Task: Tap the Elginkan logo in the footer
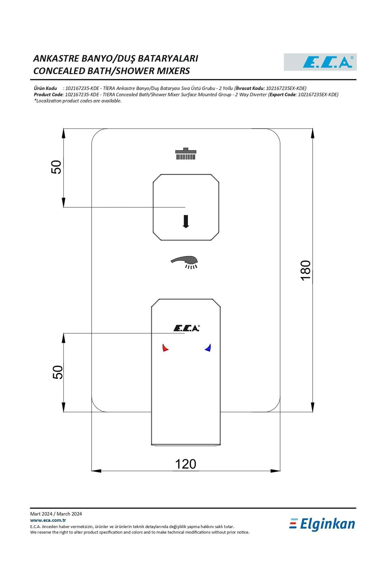point(322,524)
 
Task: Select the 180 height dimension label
point(306,270)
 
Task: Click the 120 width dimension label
point(186,464)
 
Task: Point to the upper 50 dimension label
point(56,167)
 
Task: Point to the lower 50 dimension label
point(58,372)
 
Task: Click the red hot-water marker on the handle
point(165,348)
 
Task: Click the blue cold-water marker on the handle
point(208,348)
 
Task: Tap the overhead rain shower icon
point(186,154)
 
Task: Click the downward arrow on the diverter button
point(186,221)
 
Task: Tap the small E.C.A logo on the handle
point(187,328)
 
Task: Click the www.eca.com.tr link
point(48,520)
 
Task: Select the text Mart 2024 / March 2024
point(56,514)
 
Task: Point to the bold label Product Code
point(48,94)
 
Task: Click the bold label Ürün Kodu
point(45,88)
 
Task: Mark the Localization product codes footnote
point(78,101)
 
